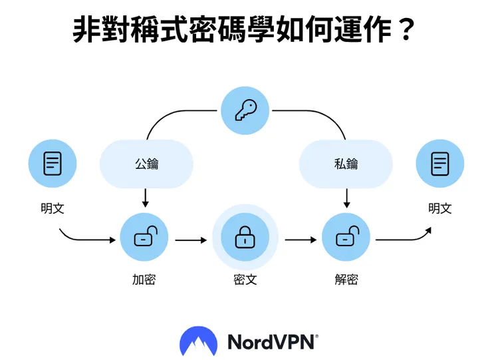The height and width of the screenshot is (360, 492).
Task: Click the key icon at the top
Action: [245, 111]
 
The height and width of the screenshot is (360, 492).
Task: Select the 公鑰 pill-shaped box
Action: [146, 164]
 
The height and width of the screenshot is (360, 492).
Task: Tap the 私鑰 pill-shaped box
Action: [346, 164]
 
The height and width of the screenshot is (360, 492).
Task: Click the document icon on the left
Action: [53, 164]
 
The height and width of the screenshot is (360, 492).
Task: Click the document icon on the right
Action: [439, 164]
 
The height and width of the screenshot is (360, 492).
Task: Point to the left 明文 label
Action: [53, 208]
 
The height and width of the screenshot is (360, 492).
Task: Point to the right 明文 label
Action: [439, 208]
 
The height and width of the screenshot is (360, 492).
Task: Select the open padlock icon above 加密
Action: [144, 238]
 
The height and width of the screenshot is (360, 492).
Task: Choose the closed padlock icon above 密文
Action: [245, 238]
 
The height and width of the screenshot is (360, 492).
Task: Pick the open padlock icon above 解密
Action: [346, 238]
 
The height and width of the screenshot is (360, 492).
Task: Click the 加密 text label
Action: [144, 279]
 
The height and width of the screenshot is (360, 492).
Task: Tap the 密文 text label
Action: [245, 279]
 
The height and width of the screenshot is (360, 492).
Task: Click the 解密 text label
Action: [346, 279]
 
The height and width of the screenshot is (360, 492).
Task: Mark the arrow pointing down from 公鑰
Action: [145, 198]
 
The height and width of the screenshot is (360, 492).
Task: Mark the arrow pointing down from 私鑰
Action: [346, 198]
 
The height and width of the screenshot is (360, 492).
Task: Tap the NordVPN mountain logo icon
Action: [198, 341]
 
